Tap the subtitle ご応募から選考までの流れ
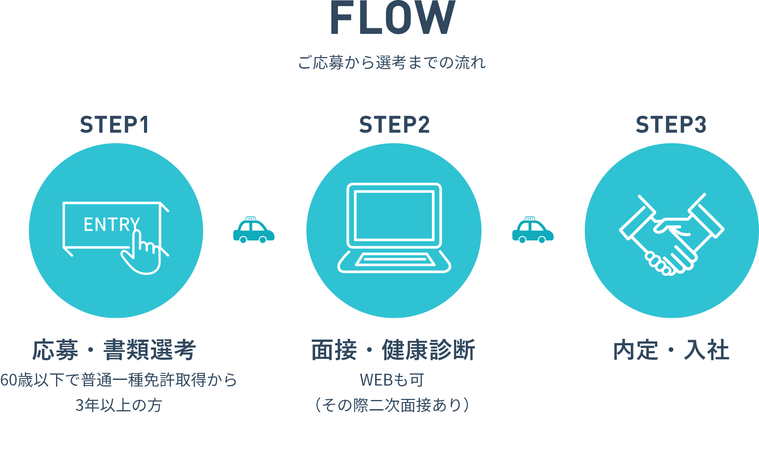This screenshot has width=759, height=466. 392,63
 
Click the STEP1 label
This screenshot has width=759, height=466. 115,125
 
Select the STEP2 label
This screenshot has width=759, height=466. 394,125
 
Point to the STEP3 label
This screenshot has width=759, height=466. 671,125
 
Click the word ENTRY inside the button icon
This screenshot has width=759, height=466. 112,225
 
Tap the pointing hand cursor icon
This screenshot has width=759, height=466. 143,254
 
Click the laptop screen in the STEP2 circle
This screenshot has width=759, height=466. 394,215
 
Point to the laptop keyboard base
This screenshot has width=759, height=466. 394,261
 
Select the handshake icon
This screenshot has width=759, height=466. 671,234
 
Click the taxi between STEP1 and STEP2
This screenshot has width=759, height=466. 254,231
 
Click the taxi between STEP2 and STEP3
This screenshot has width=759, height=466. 533,231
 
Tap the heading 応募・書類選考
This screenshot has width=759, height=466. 115,350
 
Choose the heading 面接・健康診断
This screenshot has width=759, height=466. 393,350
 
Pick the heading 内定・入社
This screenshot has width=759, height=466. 671,350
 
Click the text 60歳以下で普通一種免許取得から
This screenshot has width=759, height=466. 119,380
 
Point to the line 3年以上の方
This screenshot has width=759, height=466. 119,405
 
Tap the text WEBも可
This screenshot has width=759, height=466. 392,380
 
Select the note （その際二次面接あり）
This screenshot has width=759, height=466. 392,405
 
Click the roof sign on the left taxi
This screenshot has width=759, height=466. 251,219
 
